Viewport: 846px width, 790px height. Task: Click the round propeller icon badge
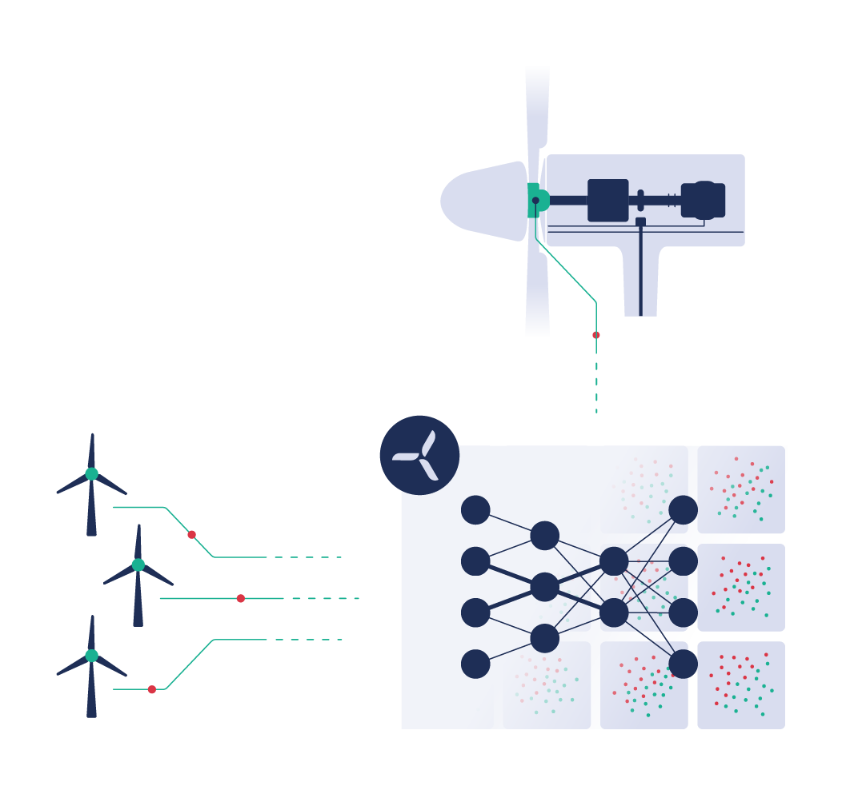pos(419,455)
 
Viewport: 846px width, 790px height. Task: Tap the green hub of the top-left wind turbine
pos(92,473)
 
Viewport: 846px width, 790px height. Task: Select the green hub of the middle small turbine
pos(138,565)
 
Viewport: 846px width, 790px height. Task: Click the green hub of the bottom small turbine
pos(92,656)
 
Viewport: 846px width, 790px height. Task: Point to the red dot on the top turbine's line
pos(191,534)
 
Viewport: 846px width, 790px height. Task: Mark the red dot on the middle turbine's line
pos(240,598)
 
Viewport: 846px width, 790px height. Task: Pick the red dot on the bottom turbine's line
pos(152,689)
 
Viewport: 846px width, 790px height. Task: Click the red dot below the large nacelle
pos(596,335)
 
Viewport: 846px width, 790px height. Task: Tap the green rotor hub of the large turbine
pos(537,200)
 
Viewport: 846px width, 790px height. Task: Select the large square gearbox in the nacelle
pos(608,200)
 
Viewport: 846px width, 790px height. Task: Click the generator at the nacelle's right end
pos(704,200)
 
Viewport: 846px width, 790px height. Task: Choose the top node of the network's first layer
pos(475,510)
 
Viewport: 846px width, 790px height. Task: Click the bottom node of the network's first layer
pos(475,664)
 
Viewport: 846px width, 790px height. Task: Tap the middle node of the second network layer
pos(544,587)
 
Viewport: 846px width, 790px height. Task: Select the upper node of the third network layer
pos(614,561)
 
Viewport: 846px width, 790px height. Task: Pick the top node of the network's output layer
pos(683,510)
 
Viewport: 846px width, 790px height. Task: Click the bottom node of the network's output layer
pos(683,664)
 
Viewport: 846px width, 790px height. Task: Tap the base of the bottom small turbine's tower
pos(92,712)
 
